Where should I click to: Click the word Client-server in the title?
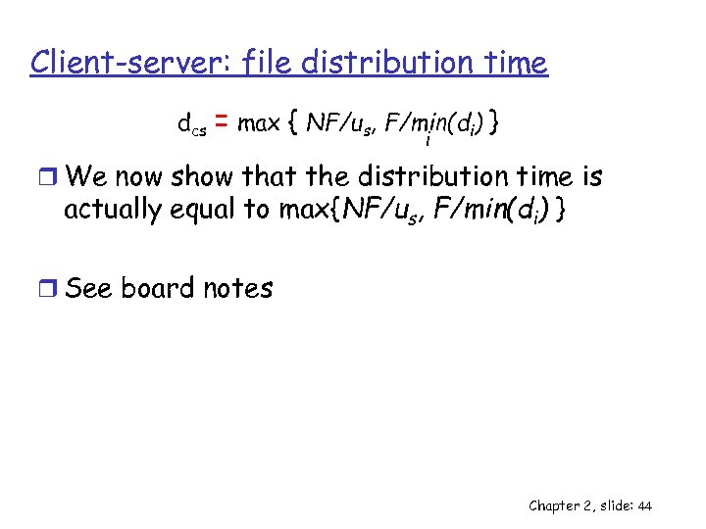click(x=120, y=63)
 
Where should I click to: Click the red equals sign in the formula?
click(x=222, y=123)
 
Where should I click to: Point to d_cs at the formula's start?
click(x=191, y=124)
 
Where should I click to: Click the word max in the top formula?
click(x=259, y=124)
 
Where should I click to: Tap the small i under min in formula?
click(x=428, y=141)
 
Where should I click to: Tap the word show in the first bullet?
click(x=203, y=177)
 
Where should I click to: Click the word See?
click(x=89, y=288)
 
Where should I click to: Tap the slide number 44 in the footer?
click(x=644, y=505)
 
